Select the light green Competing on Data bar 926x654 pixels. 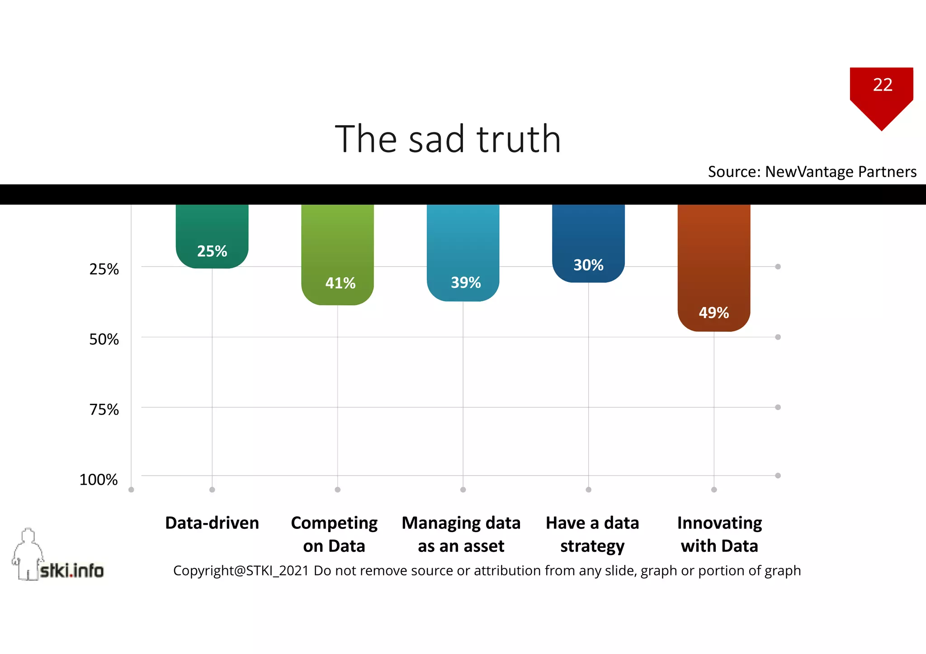pos(337,244)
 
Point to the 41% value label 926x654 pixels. pos(340,283)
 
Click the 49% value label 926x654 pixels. pos(713,313)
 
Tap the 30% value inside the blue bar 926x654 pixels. pos(588,265)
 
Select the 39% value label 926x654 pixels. pos(465,283)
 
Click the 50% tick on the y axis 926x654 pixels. pos(104,339)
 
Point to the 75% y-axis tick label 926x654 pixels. pos(104,410)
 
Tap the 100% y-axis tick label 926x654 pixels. pos(99,480)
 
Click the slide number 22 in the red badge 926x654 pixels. pos(882,85)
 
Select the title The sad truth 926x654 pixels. pos(448,139)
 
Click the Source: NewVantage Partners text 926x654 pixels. pos(812,172)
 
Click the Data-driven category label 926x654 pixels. pos(212,523)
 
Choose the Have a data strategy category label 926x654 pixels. pos(592,534)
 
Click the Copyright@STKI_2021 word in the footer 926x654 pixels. pos(241,571)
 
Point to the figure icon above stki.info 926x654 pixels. pos(28,551)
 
